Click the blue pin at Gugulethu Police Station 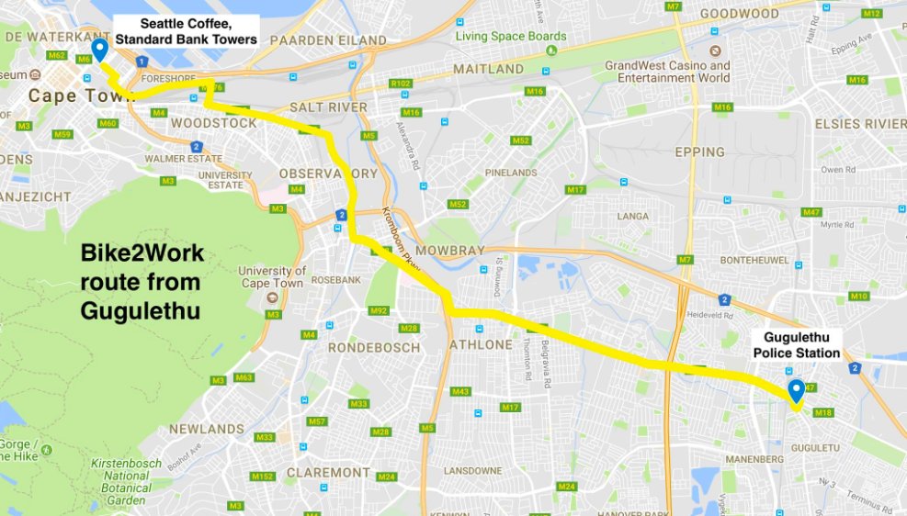[x=796, y=390]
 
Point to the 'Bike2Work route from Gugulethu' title [x=142, y=282]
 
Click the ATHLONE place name [x=479, y=345]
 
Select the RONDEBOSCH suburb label [x=374, y=347]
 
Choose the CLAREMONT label [x=327, y=472]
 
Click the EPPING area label [x=699, y=152]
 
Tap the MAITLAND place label [x=491, y=70]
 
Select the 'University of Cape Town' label [x=272, y=276]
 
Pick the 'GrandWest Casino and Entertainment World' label [x=667, y=72]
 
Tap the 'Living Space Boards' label [x=511, y=37]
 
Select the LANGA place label [x=632, y=217]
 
